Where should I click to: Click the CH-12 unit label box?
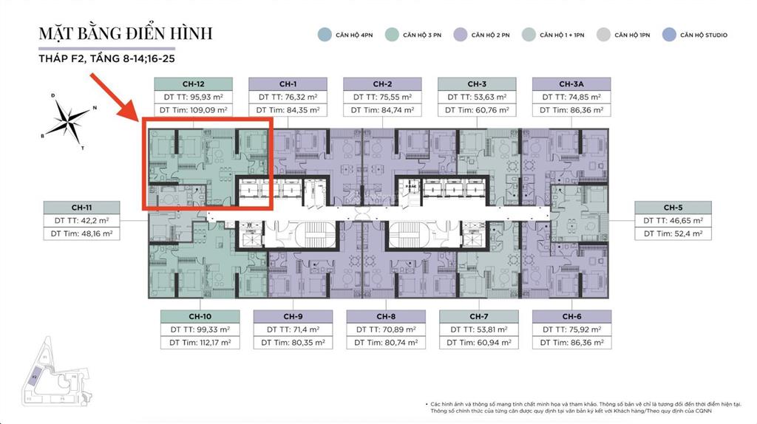tap(193, 83)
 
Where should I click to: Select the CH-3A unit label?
tap(571, 83)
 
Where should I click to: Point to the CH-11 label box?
tap(81, 207)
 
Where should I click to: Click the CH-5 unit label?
tap(672, 208)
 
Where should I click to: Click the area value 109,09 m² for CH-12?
tap(194, 110)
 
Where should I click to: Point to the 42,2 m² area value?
tap(81, 220)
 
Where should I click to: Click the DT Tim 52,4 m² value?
tap(672, 234)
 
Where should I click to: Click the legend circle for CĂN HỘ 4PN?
tap(323, 35)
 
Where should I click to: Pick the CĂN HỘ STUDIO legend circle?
tap(668, 35)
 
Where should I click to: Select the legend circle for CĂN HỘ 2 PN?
tap(458, 35)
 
